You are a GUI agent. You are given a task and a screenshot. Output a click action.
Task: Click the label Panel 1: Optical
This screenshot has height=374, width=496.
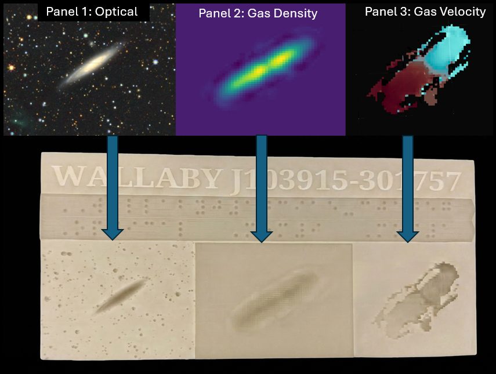click(x=92, y=12)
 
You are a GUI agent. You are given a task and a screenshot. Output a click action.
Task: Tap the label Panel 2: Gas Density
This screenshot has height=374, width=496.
click(x=258, y=13)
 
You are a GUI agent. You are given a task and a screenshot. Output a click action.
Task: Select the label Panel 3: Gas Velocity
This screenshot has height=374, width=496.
click(x=425, y=12)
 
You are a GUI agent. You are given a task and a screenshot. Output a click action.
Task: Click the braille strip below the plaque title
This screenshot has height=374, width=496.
click(x=255, y=216)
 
